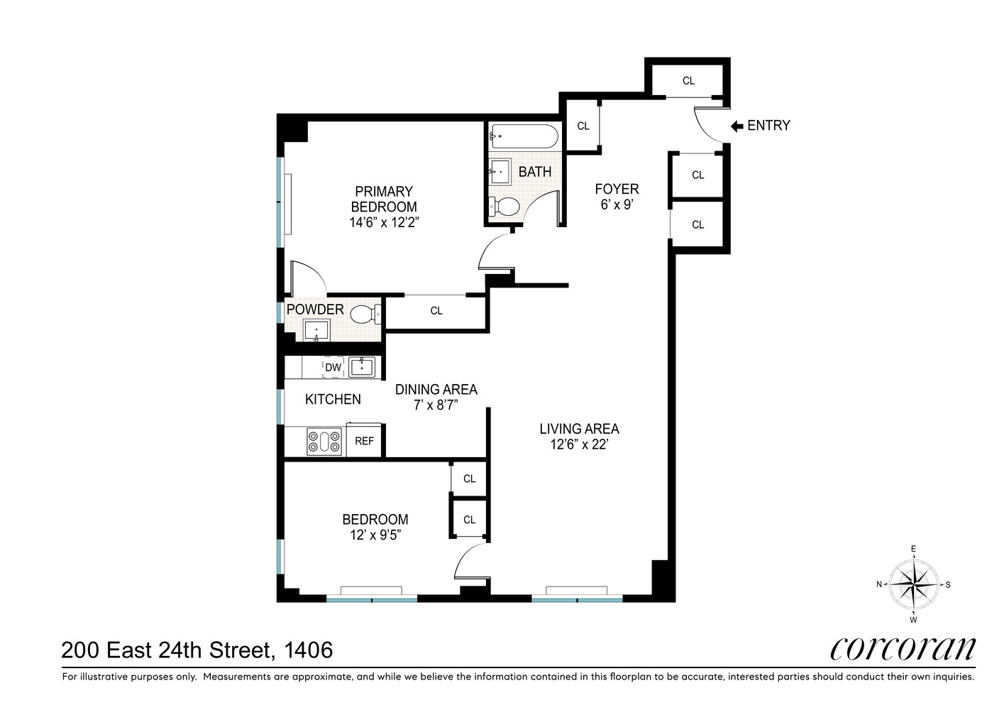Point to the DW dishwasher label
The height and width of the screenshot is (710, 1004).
(333, 367)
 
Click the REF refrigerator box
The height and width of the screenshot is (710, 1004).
(364, 441)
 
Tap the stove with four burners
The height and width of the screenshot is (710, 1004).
(326, 442)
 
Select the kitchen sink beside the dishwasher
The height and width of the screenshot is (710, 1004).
(365, 366)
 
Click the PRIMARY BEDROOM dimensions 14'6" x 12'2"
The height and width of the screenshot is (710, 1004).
(384, 222)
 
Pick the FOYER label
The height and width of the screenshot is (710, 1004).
(617, 189)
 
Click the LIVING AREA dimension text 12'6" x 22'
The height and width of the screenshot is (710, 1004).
(579, 445)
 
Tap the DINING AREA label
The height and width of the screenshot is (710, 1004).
(436, 389)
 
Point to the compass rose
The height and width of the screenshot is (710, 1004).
(913, 584)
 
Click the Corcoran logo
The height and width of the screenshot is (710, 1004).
(903, 648)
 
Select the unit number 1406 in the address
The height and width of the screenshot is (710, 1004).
(308, 650)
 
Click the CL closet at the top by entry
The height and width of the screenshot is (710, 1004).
(688, 81)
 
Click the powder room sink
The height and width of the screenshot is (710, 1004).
(316, 330)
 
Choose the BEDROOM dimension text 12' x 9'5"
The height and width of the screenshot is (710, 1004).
(375, 535)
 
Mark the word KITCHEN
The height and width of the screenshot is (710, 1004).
(333, 400)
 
